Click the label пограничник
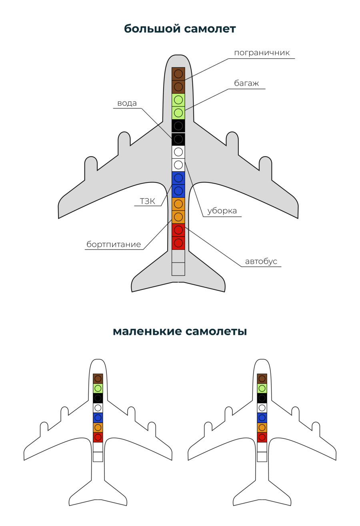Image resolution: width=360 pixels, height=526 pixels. click(x=262, y=53)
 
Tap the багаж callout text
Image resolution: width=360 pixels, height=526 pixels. click(x=246, y=83)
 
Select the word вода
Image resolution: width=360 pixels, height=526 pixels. click(x=127, y=103)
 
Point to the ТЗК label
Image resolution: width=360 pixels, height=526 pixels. click(x=147, y=201)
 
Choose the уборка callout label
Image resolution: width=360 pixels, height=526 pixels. click(x=222, y=211)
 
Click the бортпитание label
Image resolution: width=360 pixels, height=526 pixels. click(x=114, y=244)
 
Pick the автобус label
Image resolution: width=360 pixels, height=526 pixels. click(x=261, y=261)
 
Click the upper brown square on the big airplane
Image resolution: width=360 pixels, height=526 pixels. click(x=178, y=74)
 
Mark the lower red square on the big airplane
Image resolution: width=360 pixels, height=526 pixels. click(x=178, y=243)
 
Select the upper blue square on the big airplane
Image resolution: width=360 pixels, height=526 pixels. click(x=178, y=178)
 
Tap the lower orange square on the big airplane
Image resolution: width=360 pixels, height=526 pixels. click(x=178, y=217)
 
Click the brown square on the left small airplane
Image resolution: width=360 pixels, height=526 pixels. click(x=98, y=379)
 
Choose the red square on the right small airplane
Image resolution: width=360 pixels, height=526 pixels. click(x=262, y=437)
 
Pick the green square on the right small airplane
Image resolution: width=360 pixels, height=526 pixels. click(x=262, y=388)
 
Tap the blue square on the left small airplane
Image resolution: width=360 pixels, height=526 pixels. click(x=98, y=418)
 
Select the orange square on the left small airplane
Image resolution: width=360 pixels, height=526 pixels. click(x=98, y=428)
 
